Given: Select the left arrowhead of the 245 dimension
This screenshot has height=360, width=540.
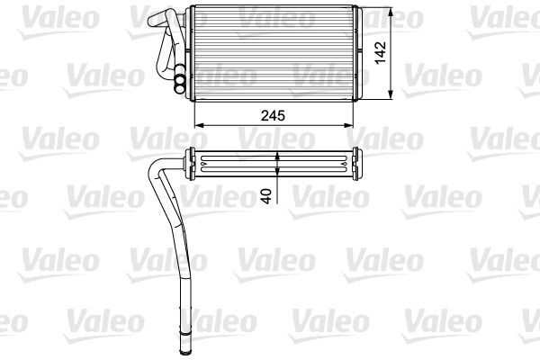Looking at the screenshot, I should tap(196, 124).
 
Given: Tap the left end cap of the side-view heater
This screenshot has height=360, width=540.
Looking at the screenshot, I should tap(190, 162).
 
